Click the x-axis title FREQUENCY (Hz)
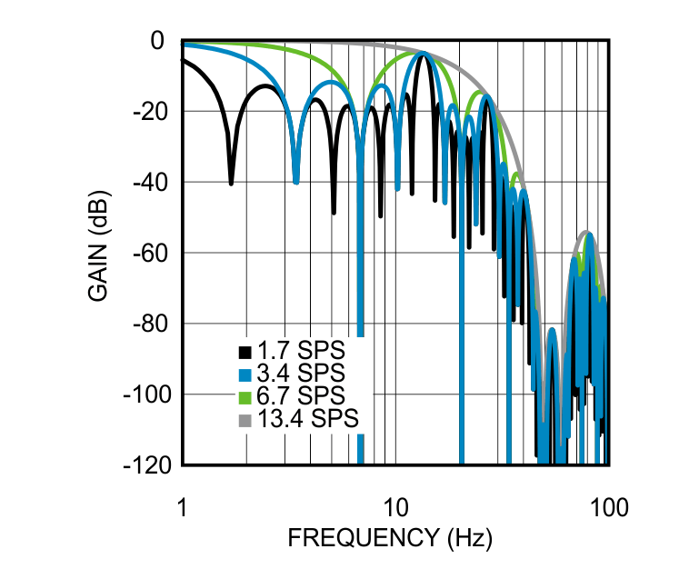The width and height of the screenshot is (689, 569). [x=390, y=538]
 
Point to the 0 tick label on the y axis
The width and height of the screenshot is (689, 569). [x=156, y=41]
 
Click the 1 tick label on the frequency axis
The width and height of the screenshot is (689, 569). [x=183, y=506]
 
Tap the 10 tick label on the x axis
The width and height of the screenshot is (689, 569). [x=394, y=506]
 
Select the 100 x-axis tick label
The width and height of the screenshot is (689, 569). [x=606, y=506]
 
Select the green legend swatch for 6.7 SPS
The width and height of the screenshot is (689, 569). [x=244, y=397]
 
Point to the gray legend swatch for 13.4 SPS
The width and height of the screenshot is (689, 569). [x=244, y=420]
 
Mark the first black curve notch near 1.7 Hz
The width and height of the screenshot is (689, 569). [x=231, y=182]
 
